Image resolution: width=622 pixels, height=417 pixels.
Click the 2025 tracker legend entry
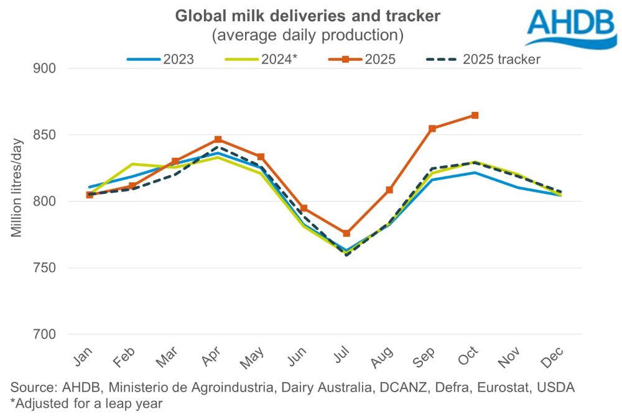click(x=483, y=60)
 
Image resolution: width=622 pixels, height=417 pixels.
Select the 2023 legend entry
click(x=160, y=60)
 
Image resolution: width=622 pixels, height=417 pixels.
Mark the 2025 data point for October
click(x=475, y=115)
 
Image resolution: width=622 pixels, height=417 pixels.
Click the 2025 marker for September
click(x=433, y=129)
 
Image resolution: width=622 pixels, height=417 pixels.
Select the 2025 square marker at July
click(x=346, y=233)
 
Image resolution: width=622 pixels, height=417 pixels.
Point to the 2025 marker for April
click(x=218, y=140)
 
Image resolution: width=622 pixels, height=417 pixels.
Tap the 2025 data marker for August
click(x=390, y=190)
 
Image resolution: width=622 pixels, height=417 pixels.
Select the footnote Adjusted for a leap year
click(x=86, y=403)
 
